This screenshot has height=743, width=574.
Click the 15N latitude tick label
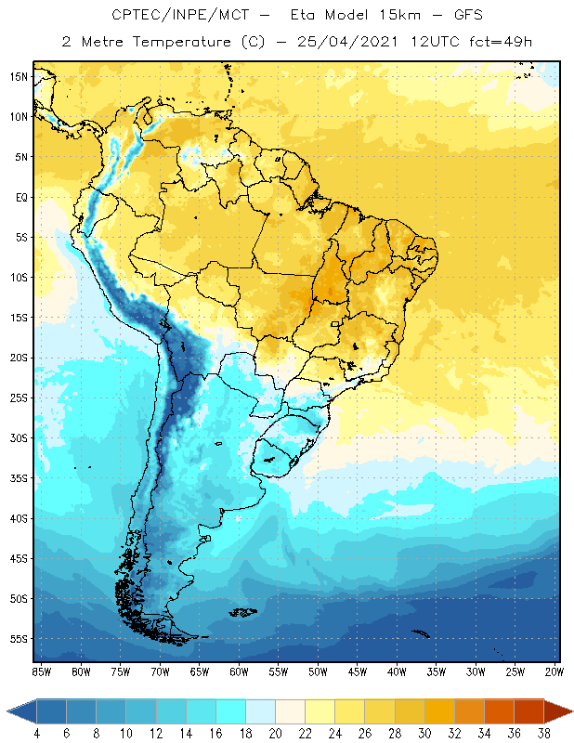(20, 76)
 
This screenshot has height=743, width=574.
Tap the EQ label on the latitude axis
(20, 197)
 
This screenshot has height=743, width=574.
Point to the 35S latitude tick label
(20, 478)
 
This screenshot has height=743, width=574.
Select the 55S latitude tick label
(20, 639)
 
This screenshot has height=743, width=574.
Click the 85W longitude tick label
(41, 671)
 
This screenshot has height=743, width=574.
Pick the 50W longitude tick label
(318, 671)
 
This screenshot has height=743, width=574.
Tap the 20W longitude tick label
(554, 671)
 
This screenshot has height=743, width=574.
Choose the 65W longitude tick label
(199, 671)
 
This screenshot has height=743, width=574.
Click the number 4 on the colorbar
(37, 732)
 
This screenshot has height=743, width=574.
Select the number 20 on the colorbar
(275, 732)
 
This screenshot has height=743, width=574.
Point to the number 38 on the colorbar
(543, 732)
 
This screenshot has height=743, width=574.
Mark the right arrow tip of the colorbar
(571, 710)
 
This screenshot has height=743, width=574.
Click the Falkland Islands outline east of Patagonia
(244, 611)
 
